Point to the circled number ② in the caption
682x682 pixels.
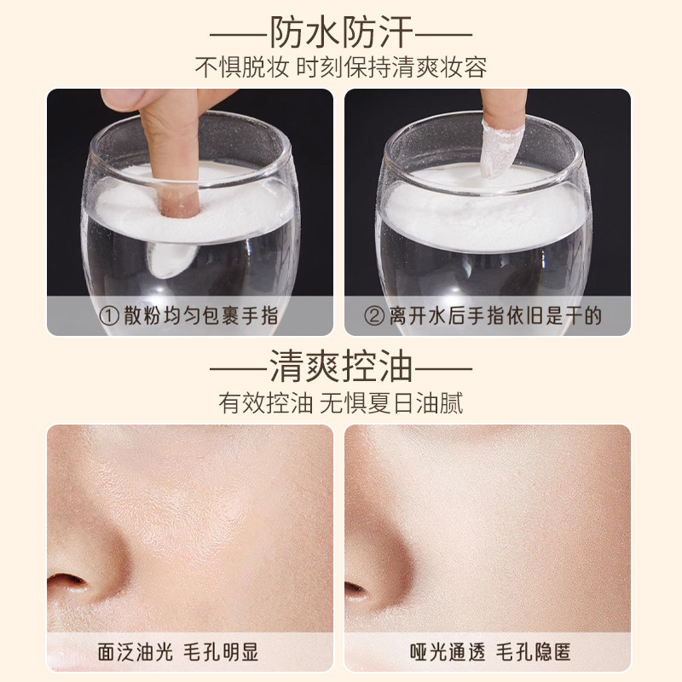point(373,316)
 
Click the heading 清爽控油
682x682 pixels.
point(341,368)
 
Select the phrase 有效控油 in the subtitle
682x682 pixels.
point(263,403)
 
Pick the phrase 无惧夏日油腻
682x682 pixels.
point(391,403)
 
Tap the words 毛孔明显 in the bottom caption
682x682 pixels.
point(223,654)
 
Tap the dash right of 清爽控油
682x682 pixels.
point(443,369)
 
